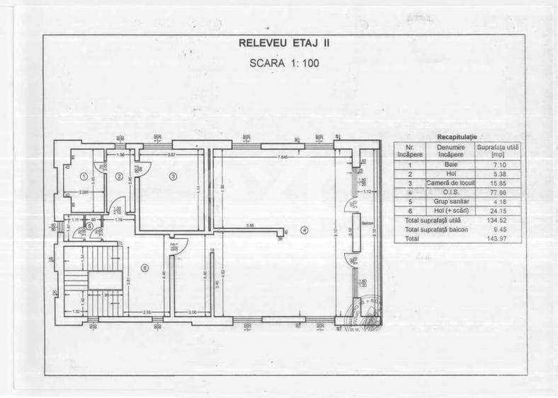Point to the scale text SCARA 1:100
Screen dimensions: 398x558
coord(285,62)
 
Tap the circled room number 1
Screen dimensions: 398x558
coord(83,177)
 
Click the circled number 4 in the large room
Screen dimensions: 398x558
coord(304,229)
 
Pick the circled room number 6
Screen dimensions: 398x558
coord(144,267)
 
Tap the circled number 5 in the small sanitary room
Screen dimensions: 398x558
coord(90,226)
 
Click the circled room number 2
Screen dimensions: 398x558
coord(120,176)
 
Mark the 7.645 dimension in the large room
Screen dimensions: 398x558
coord(283,156)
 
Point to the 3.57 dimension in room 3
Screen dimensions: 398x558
coord(171,155)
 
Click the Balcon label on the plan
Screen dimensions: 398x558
coord(366,223)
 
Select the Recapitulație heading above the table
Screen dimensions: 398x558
coord(457,135)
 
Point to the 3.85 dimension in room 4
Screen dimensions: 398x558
coord(250,226)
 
